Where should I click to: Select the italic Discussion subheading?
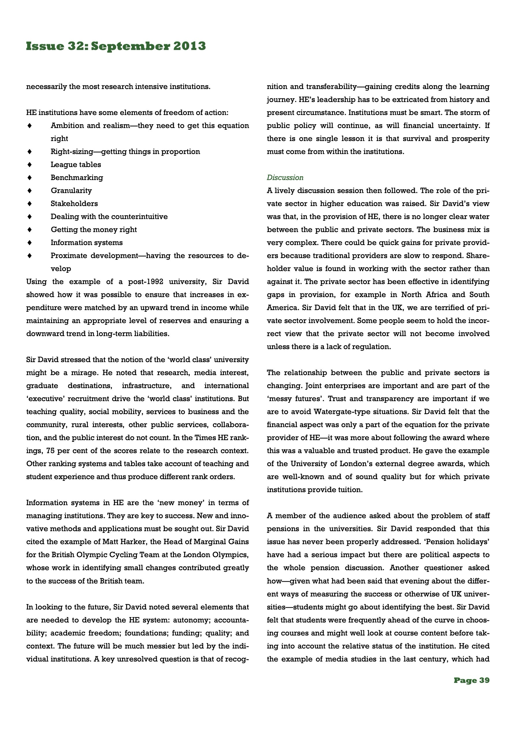click(285, 177)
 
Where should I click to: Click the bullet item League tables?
click(76, 164)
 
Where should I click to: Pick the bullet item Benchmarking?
click(77, 177)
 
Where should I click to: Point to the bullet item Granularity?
click(71, 190)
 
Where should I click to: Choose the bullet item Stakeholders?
click(74, 203)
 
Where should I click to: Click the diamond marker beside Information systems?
click(29, 242)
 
